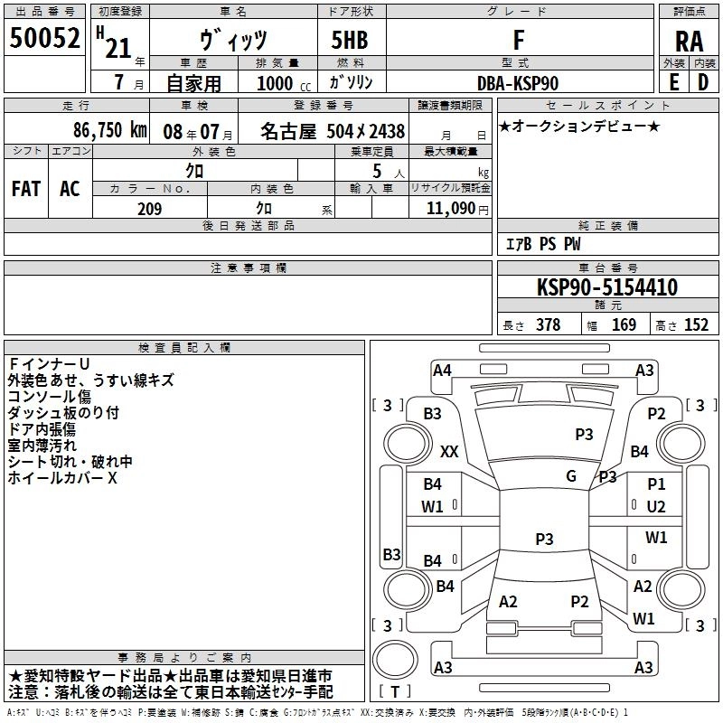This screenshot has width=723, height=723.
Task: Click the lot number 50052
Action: tap(44, 39)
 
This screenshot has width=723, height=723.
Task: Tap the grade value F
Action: tap(518, 39)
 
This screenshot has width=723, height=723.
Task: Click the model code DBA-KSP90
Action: tap(518, 83)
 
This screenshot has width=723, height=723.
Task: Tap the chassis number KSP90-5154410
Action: tap(606, 287)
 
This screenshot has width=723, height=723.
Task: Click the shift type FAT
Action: tap(25, 189)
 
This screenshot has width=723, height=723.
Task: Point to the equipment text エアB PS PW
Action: tap(542, 244)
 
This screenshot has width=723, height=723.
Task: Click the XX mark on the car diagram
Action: tap(449, 451)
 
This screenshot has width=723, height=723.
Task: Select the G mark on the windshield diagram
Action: tap(570, 475)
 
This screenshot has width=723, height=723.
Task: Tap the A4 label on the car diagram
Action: tap(441, 370)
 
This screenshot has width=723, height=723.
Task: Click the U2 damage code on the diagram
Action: tap(656, 506)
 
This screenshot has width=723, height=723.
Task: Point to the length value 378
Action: tap(548, 325)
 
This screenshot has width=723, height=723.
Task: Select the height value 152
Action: tap(696, 325)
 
